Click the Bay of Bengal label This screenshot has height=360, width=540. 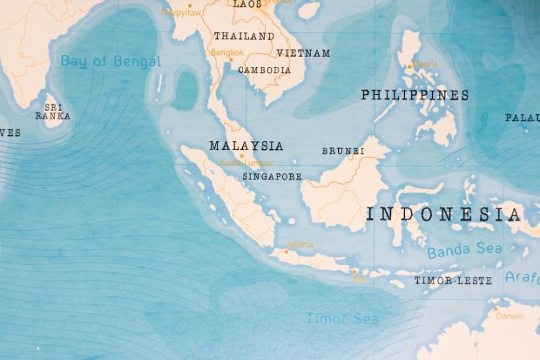111,61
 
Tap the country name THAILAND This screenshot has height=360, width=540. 244,37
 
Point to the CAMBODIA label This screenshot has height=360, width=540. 264,70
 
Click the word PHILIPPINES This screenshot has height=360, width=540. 415,95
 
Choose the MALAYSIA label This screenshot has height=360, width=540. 246,146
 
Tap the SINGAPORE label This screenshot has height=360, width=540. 272,176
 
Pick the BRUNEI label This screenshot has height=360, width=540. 343,151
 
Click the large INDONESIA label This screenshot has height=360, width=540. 444,214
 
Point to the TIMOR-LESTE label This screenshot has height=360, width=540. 453,281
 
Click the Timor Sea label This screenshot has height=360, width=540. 341,319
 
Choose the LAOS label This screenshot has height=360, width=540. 247,4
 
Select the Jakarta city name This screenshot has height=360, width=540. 300,244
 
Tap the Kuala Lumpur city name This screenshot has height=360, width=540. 247,162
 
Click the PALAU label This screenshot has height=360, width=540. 522,118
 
